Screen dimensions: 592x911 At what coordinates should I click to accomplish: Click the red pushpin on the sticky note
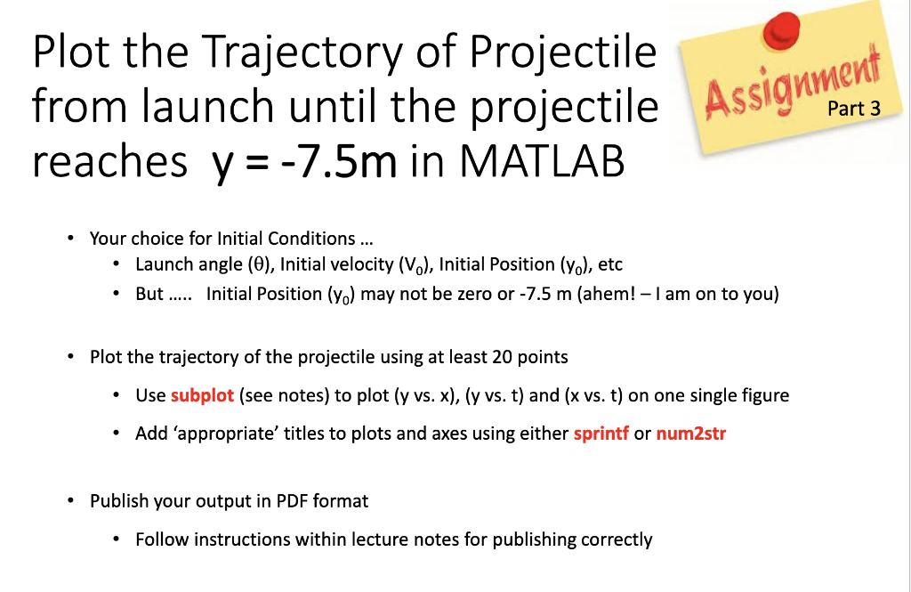pos(782,28)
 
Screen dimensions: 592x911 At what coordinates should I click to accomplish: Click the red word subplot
pos(202,395)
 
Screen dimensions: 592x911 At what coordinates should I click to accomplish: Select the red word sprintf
pos(601,434)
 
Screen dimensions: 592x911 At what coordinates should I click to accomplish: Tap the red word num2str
pos(690,434)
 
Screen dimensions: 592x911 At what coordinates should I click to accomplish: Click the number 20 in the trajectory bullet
pos(510,357)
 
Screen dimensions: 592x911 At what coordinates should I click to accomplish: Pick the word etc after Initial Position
pos(611,264)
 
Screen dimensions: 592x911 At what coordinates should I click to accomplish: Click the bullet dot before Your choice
pos(70,239)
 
